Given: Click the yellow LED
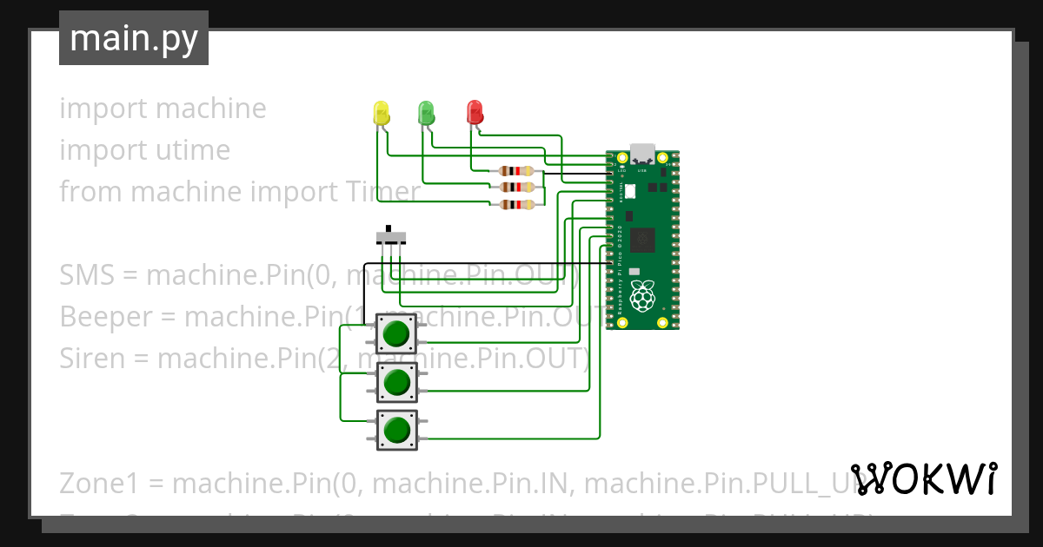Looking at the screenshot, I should [381, 113].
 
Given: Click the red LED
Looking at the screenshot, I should [475, 111].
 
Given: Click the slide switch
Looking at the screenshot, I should [390, 236].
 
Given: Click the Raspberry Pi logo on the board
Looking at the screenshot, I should [642, 296].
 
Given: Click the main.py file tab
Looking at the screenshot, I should [133, 38].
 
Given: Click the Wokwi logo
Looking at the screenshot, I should [924, 479].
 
